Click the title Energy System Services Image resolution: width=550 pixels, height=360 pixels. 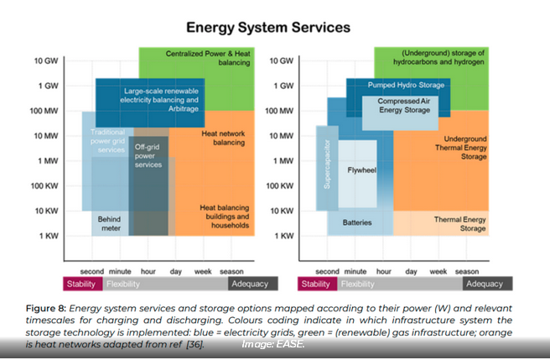(x=267, y=28)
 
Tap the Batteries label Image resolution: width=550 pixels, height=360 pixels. (x=356, y=222)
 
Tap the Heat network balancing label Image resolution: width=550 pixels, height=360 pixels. (x=222, y=138)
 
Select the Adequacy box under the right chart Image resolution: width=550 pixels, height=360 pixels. (x=485, y=284)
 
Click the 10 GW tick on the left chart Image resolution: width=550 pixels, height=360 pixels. (x=46, y=61)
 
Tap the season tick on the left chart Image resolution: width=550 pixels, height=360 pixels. (x=231, y=271)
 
